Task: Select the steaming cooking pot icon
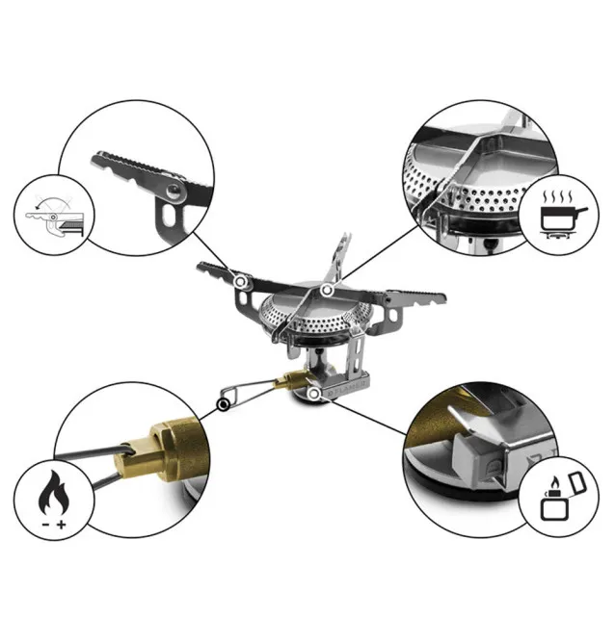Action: pos(559,217)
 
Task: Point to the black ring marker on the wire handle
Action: pos(223,405)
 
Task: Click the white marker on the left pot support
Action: pos(241,280)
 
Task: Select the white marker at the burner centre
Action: pos(328,289)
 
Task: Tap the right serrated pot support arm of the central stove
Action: pos(405,297)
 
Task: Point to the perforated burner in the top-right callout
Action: pos(453,193)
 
